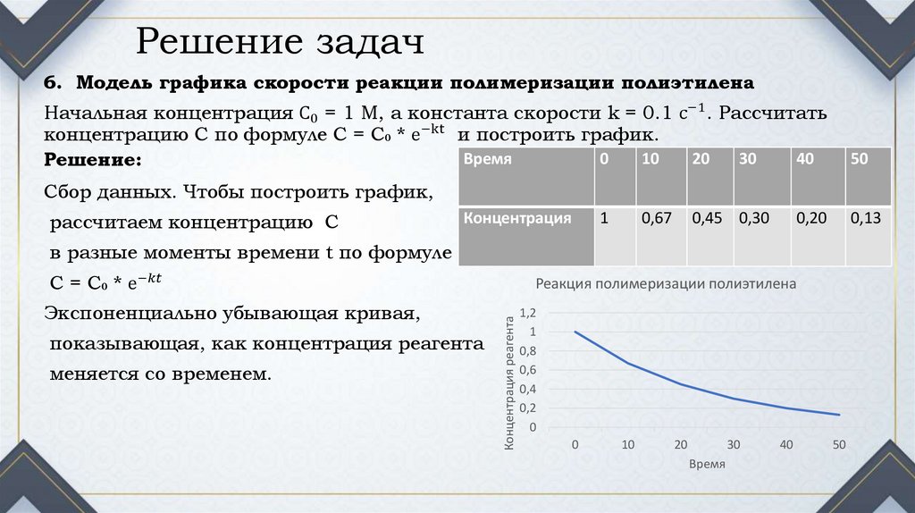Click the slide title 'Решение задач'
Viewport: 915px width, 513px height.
278,42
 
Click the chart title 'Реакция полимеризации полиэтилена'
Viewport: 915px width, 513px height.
665,284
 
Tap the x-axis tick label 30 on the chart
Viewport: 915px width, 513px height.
734,445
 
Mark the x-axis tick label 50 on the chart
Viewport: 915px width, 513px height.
838,445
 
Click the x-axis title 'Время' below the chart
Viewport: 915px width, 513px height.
707,465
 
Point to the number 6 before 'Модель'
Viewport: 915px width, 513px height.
51,83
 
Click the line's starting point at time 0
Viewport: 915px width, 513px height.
575,332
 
